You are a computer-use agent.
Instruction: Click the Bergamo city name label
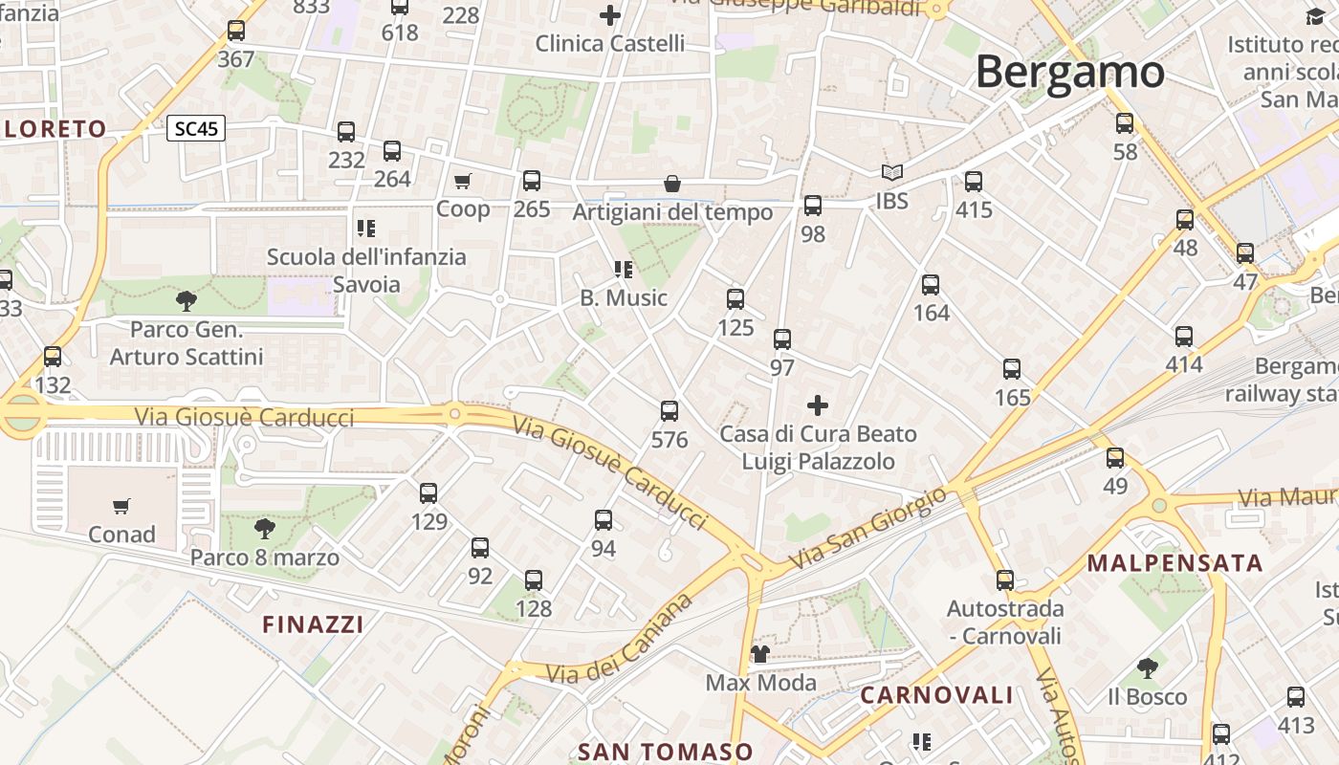tap(1070, 73)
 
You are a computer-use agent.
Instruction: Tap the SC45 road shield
tap(196, 128)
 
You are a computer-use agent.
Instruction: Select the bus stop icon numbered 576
tap(669, 411)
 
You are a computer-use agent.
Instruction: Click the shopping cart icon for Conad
tap(121, 506)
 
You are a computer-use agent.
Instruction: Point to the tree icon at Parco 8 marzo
tap(265, 528)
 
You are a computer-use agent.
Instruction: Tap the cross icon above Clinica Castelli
tap(610, 15)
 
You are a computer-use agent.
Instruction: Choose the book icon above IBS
tap(892, 173)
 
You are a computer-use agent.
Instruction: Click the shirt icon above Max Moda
tap(760, 654)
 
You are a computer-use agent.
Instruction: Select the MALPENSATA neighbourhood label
tap(1175, 563)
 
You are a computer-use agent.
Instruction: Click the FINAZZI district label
tap(314, 625)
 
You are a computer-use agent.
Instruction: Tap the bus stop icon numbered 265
tap(532, 180)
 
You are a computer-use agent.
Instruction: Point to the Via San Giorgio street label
tap(868, 529)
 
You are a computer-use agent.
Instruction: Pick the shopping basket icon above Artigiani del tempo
tap(672, 184)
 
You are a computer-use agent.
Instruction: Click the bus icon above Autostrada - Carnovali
tap(1005, 579)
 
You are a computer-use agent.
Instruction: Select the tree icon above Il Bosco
tap(1148, 668)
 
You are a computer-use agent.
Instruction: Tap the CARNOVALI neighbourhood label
tap(936, 695)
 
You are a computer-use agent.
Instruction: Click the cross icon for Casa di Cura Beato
tap(818, 405)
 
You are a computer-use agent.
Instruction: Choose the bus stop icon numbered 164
tap(931, 284)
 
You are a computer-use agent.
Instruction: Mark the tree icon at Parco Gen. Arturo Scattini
tap(187, 301)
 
